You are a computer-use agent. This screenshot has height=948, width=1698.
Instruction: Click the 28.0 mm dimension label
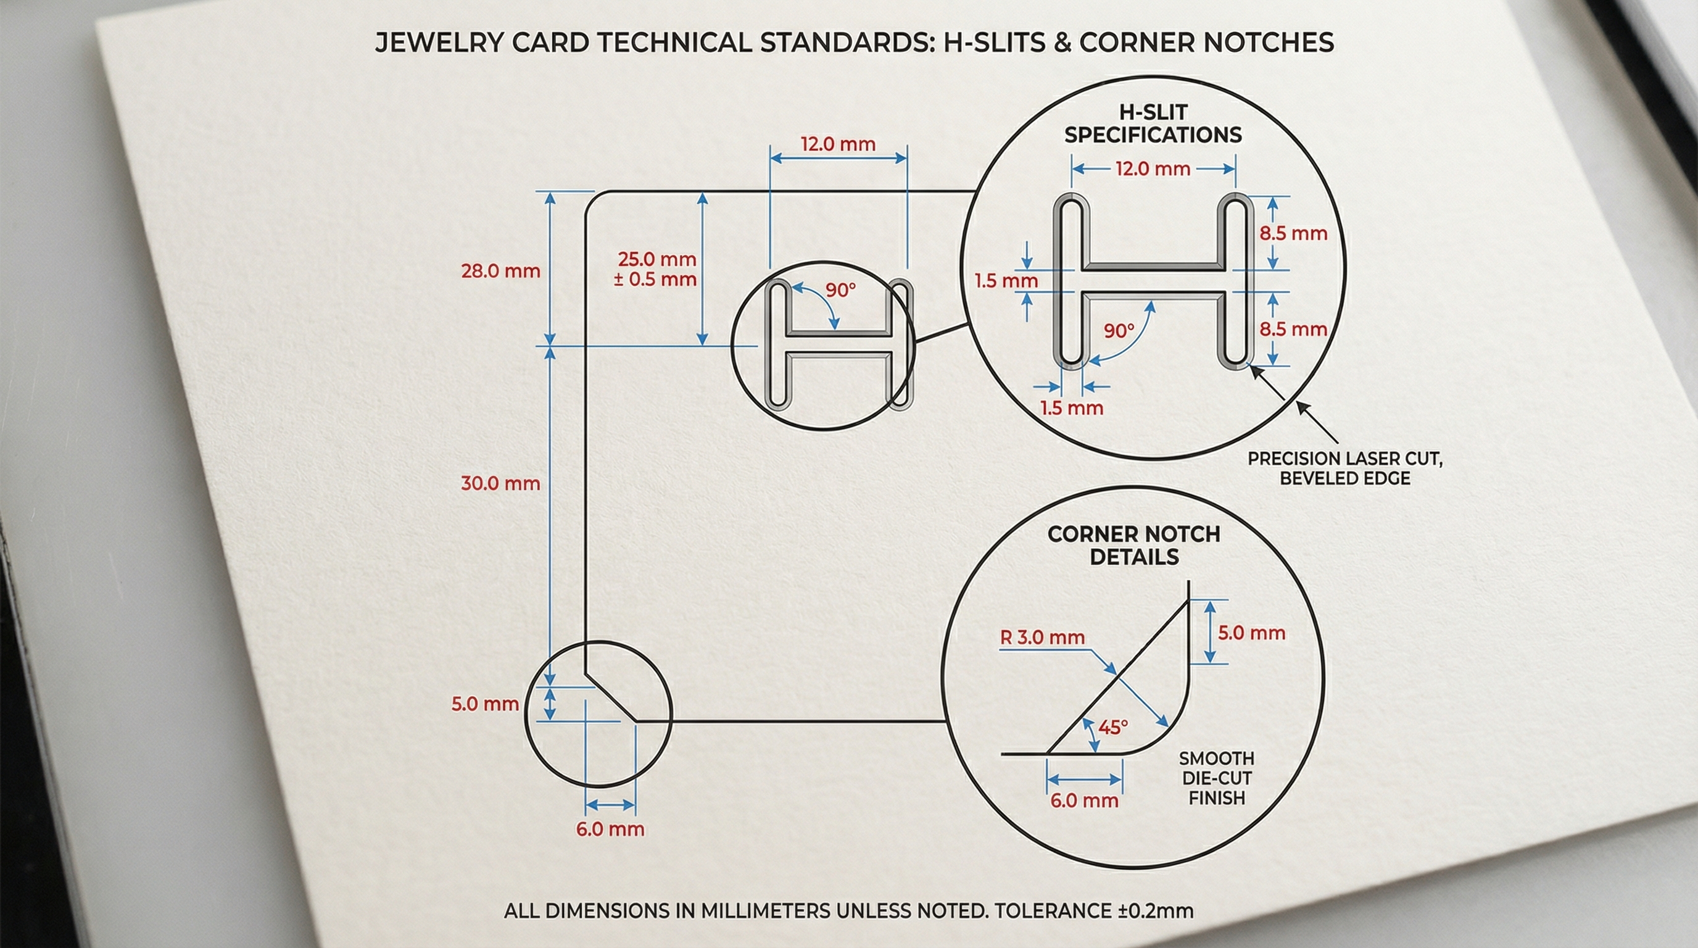coord(500,271)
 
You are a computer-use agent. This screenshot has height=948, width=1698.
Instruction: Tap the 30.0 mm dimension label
coord(500,483)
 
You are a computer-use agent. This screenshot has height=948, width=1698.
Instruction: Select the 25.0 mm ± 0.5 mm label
coord(656,269)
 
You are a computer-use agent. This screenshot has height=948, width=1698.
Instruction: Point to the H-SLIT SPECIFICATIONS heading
coord(1153,124)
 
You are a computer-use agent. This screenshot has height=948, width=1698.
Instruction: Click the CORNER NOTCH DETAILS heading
coord(1134,545)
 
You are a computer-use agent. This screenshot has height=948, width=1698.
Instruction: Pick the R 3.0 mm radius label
coord(1042,638)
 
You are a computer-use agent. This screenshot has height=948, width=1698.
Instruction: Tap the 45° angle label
coord(1113,727)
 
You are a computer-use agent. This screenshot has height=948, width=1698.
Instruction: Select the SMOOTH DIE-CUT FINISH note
coord(1216,778)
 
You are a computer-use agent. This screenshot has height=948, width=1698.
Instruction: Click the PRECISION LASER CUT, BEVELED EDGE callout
coord(1344,468)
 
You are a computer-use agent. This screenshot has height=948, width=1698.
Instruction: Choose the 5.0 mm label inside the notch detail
coord(1251,633)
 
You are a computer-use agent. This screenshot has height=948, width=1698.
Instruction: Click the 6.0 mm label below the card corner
coord(610,829)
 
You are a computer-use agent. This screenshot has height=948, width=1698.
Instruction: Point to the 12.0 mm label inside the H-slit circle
coord(1153,168)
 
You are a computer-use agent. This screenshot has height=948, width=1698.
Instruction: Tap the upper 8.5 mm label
coord(1293,233)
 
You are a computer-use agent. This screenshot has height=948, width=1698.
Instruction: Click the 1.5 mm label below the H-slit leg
coord(1071,408)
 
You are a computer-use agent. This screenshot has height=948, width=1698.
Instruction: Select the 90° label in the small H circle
coord(840,290)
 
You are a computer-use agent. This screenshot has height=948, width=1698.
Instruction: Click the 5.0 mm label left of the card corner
coord(484,704)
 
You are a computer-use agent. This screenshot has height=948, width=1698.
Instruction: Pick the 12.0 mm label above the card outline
coord(838,144)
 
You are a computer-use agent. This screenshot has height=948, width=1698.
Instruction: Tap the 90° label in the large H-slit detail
coord(1119,330)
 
